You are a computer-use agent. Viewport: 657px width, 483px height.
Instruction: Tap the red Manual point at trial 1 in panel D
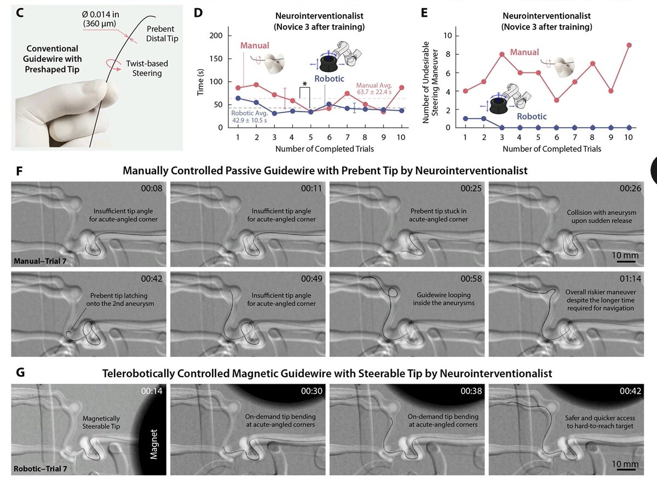click(238, 88)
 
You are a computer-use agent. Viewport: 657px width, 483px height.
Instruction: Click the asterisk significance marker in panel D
click(304, 83)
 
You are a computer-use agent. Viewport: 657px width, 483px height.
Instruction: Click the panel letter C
click(19, 12)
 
